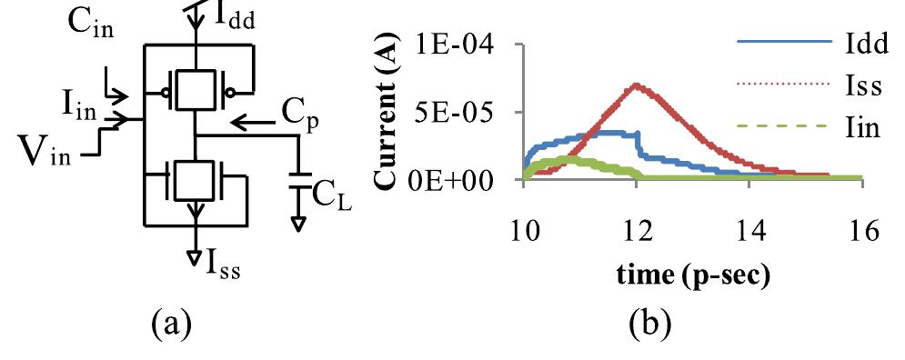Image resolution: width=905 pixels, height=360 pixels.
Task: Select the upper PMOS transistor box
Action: pyautogui.click(x=194, y=90)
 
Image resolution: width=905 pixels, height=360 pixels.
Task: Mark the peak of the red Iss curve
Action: pyautogui.click(x=637, y=85)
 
